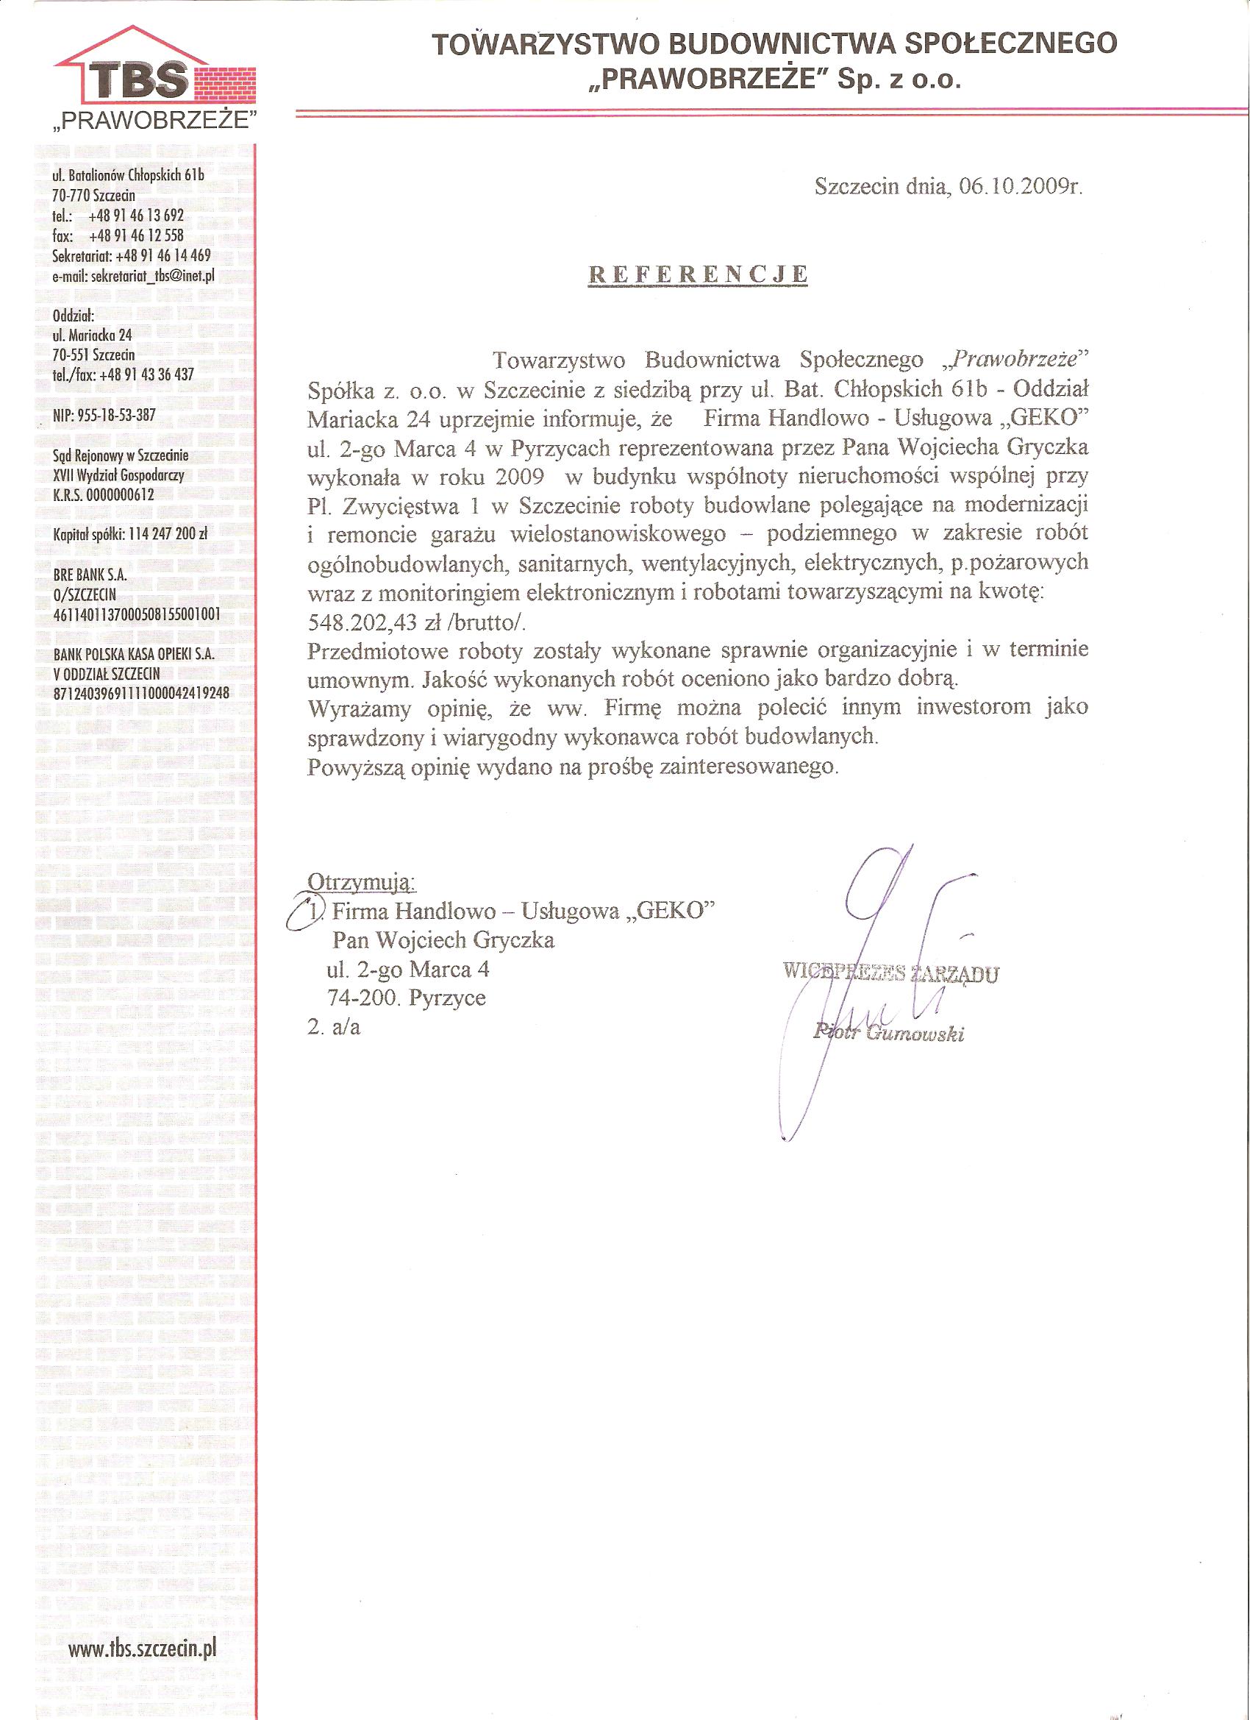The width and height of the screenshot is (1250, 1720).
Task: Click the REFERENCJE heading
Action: (698, 275)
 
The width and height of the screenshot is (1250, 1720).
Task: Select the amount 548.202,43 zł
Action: (387, 622)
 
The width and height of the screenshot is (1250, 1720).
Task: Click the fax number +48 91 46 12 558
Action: (137, 236)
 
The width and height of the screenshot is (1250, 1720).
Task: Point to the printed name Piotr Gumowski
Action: (887, 1032)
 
